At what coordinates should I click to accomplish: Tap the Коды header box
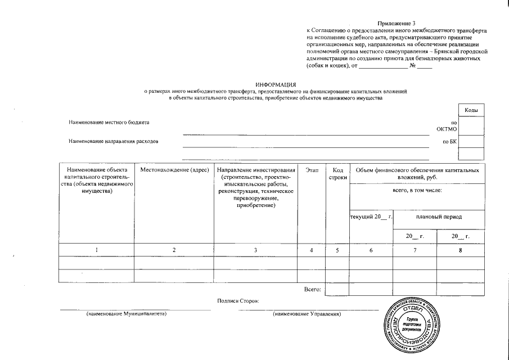click(x=471, y=110)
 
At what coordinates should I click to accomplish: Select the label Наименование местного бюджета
click(x=109, y=122)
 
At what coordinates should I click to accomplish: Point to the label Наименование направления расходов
click(x=113, y=141)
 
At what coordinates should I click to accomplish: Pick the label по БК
click(x=449, y=141)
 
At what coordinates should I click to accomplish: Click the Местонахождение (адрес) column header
click(x=174, y=170)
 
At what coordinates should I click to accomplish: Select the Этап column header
click(x=312, y=170)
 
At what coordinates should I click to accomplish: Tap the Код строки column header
click(x=337, y=173)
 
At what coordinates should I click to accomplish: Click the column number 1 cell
click(x=97, y=250)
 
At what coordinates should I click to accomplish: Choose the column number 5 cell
click(x=337, y=250)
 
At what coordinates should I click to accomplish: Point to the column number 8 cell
click(x=461, y=250)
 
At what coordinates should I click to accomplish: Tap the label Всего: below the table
click(x=312, y=289)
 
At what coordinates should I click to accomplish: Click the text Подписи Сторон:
click(x=238, y=301)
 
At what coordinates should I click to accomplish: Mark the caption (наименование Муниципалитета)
click(x=127, y=314)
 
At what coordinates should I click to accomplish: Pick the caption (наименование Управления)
click(x=307, y=314)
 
